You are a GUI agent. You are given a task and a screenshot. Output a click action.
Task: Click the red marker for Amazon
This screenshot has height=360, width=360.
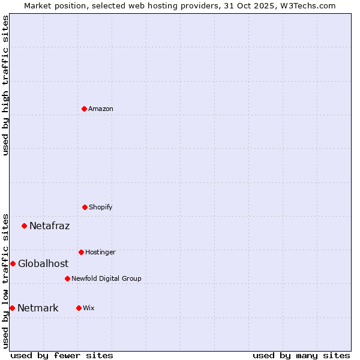point(85,109)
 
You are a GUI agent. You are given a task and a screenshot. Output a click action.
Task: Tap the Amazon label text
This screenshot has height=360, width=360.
point(101,109)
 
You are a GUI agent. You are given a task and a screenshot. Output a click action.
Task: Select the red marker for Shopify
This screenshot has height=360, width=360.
point(85,207)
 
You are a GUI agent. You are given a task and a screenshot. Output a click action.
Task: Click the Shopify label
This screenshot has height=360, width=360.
point(100,208)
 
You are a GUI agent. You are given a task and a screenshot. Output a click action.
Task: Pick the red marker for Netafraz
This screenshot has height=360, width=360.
point(25,226)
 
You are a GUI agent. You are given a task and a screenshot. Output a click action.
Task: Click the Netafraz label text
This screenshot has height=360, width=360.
point(49,226)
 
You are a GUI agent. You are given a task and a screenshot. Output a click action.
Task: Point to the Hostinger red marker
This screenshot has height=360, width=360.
point(81,252)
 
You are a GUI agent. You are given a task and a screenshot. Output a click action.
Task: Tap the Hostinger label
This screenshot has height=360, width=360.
point(100,253)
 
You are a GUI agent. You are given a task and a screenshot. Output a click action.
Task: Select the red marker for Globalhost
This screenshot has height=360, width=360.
point(13,263)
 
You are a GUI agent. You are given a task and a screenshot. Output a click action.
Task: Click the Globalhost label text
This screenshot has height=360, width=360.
point(43,264)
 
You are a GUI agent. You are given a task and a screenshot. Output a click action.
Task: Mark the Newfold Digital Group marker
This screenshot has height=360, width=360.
point(67,278)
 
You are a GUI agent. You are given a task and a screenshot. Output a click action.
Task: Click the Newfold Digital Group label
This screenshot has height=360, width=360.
point(106,279)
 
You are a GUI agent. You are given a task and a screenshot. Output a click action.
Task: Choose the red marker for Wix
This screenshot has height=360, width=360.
point(79,308)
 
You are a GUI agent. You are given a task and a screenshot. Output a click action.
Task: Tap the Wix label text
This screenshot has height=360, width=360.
point(89,308)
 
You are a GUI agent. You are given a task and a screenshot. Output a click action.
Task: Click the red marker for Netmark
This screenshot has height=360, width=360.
point(12,308)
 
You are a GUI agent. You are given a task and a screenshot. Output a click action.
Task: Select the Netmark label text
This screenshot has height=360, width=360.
point(38,308)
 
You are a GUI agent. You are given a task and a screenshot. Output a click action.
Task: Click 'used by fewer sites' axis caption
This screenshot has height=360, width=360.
point(62,355)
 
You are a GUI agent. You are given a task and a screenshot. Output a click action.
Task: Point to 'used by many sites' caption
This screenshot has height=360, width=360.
point(301,355)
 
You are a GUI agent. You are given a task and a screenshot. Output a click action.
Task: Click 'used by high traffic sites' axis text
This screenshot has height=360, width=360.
point(5,85)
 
